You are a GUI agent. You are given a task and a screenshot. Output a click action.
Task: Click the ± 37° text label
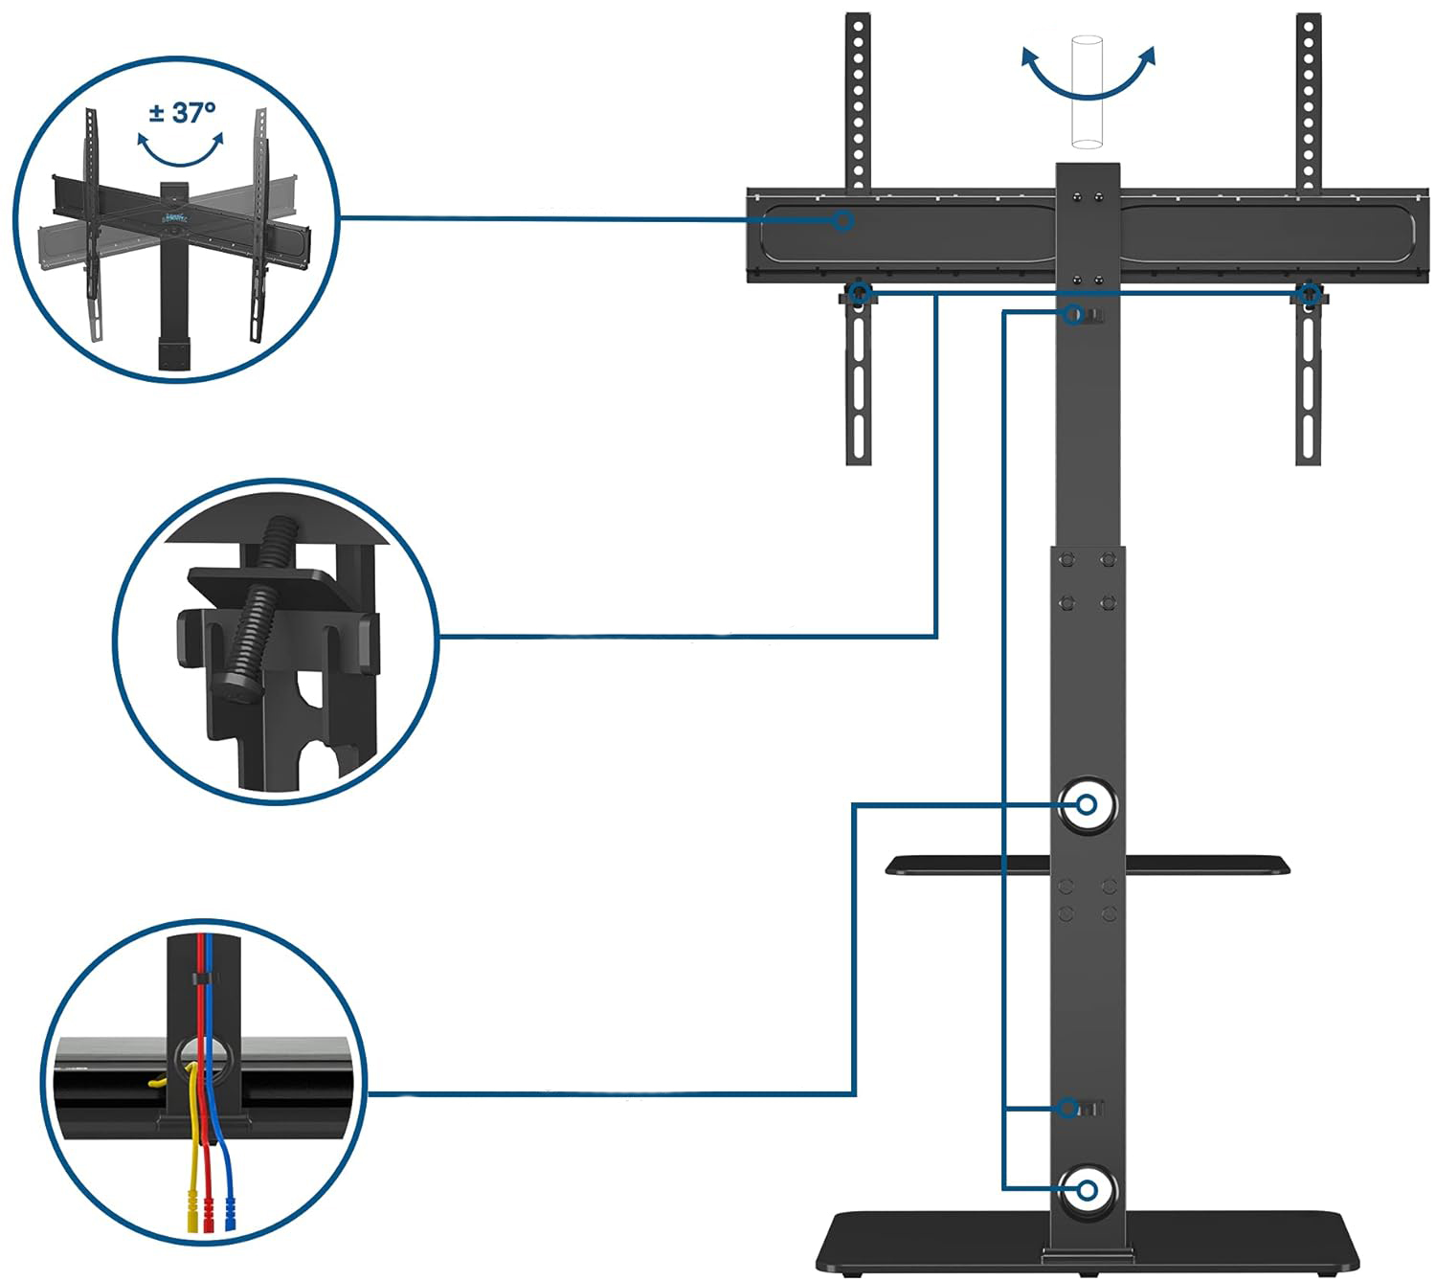pos(182,113)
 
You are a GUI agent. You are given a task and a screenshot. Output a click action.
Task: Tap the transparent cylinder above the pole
pos(1088,92)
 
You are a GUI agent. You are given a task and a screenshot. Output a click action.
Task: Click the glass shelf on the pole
pos(1088,865)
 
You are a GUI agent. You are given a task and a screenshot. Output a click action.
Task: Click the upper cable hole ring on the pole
pos(1088,805)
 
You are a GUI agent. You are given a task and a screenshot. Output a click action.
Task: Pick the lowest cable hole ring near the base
pos(1088,1190)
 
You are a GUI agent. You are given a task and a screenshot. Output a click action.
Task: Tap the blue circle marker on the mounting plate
pos(842,220)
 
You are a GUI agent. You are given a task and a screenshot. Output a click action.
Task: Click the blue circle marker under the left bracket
pos(859,293)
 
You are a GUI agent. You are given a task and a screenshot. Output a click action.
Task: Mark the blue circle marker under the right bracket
pos(1309,293)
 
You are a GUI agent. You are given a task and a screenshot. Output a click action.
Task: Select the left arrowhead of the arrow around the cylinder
pos(1029,56)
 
